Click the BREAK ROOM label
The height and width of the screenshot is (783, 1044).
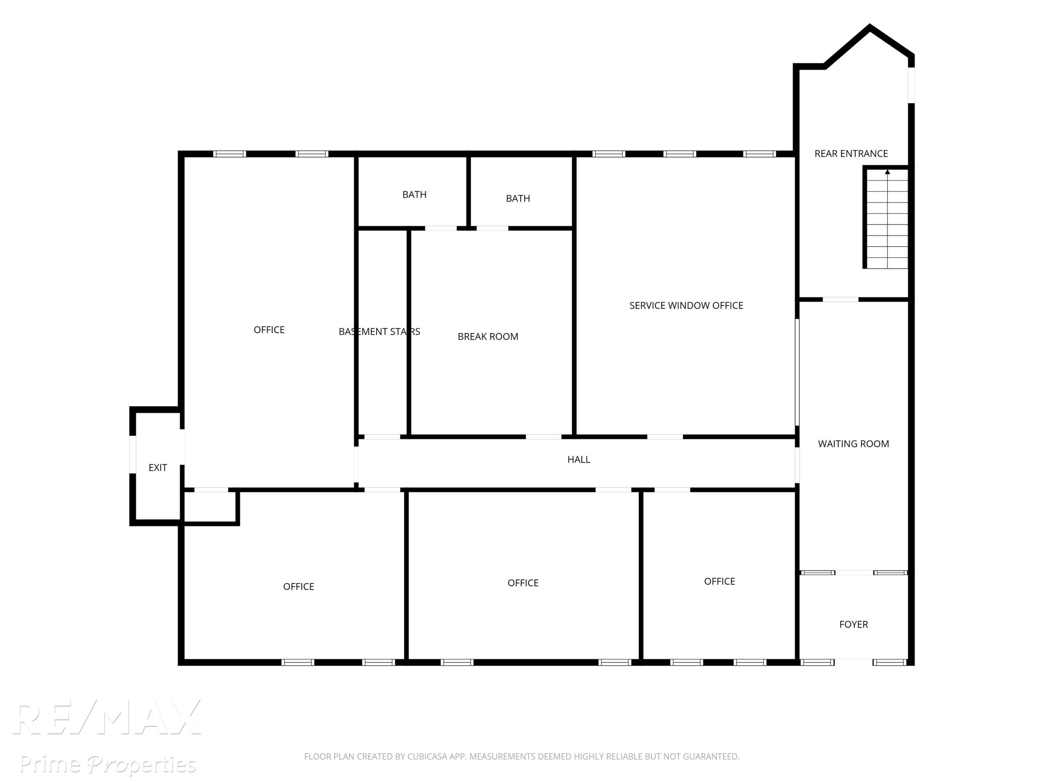[x=488, y=337]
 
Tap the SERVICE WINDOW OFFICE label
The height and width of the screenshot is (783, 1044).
[x=686, y=305]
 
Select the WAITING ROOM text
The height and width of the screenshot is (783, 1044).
[x=853, y=444]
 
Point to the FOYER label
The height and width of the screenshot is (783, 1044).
[x=853, y=624]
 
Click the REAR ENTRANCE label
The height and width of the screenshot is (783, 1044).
[x=851, y=153]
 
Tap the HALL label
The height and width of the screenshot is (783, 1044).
[x=579, y=459]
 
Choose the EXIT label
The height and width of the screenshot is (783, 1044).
[x=158, y=467]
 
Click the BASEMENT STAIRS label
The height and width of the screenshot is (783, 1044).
[x=379, y=331]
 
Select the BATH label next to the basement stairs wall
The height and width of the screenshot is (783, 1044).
[x=414, y=195]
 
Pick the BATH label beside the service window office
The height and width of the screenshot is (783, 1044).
[x=518, y=198]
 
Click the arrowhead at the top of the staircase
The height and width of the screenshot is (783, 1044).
[x=887, y=172]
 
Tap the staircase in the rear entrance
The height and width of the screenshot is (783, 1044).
[x=886, y=219]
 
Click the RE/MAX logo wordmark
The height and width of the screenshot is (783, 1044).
[x=107, y=717]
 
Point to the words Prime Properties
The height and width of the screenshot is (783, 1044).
[x=108, y=764]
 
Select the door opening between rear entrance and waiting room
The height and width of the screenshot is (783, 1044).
[x=840, y=300]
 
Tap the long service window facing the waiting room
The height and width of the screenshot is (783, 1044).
[x=797, y=372]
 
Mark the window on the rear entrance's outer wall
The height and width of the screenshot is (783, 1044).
[x=911, y=85]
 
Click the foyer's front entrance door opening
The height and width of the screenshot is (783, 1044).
[x=853, y=663]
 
